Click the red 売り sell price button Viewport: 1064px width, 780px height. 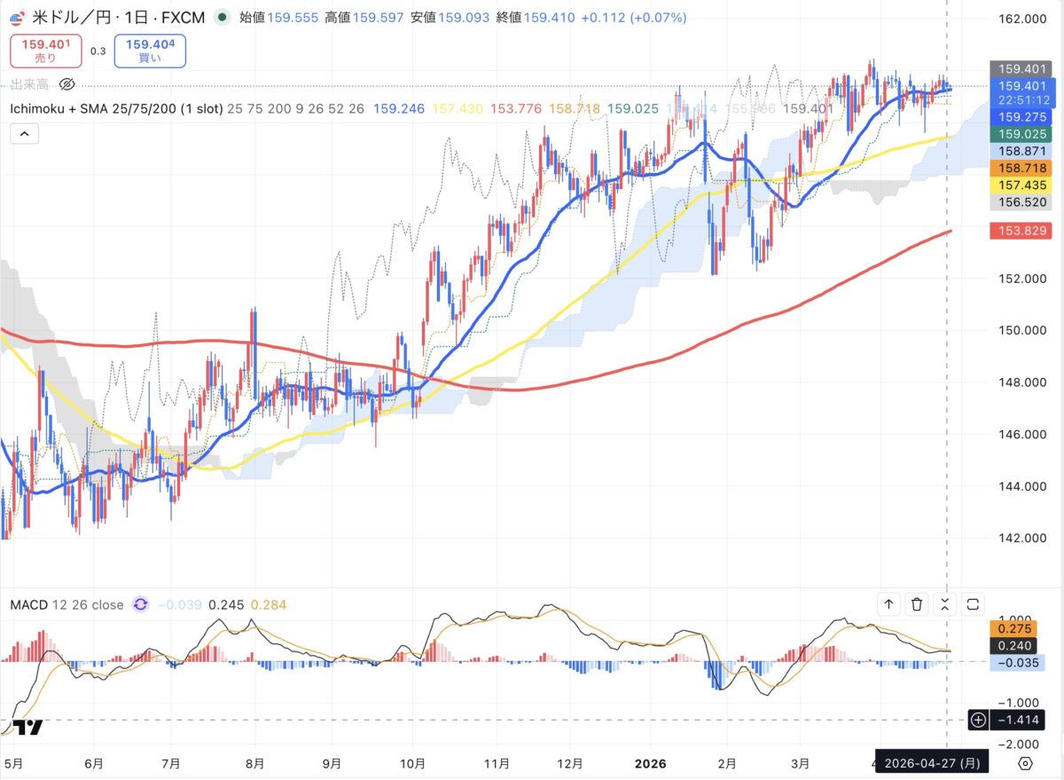(45, 51)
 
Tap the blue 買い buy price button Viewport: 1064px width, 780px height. (150, 51)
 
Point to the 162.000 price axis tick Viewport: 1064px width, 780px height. (1015, 19)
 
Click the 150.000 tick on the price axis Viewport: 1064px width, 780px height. (1015, 330)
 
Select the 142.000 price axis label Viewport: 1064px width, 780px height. (1015, 538)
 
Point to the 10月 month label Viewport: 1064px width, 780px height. (413, 762)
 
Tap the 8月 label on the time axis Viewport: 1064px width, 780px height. (254, 762)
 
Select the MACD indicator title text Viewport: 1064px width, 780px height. (66, 605)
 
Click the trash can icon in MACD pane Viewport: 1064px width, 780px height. (917, 604)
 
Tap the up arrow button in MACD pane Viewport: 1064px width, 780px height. (888, 604)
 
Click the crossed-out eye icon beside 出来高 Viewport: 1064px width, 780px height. (66, 84)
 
